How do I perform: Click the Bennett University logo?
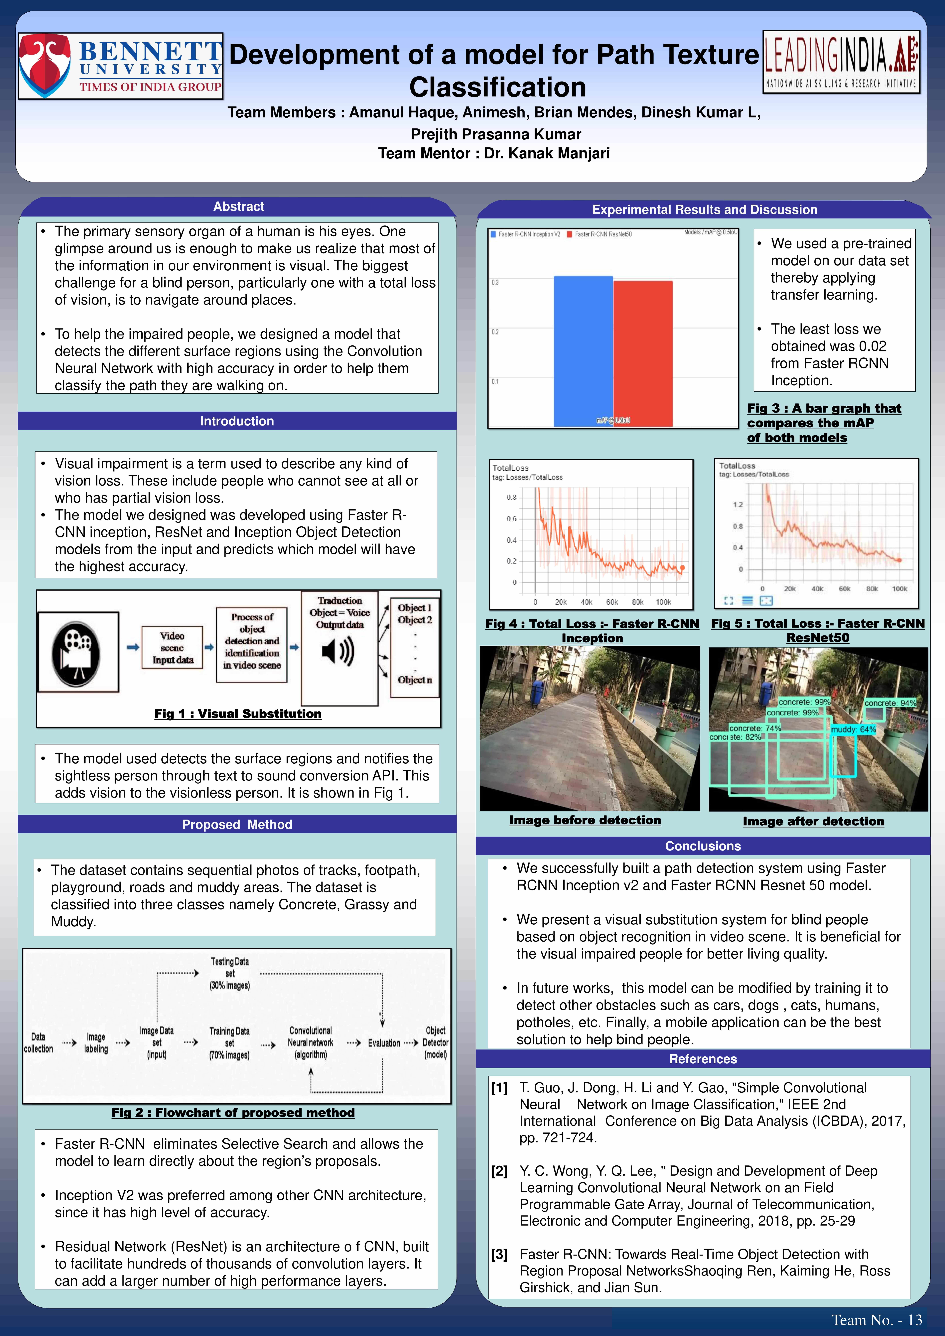click(121, 66)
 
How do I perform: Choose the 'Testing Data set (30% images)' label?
click(230, 974)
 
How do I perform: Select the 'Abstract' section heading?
click(239, 207)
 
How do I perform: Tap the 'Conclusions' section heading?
click(703, 846)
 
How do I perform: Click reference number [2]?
click(499, 1171)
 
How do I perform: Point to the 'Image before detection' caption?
click(585, 820)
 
